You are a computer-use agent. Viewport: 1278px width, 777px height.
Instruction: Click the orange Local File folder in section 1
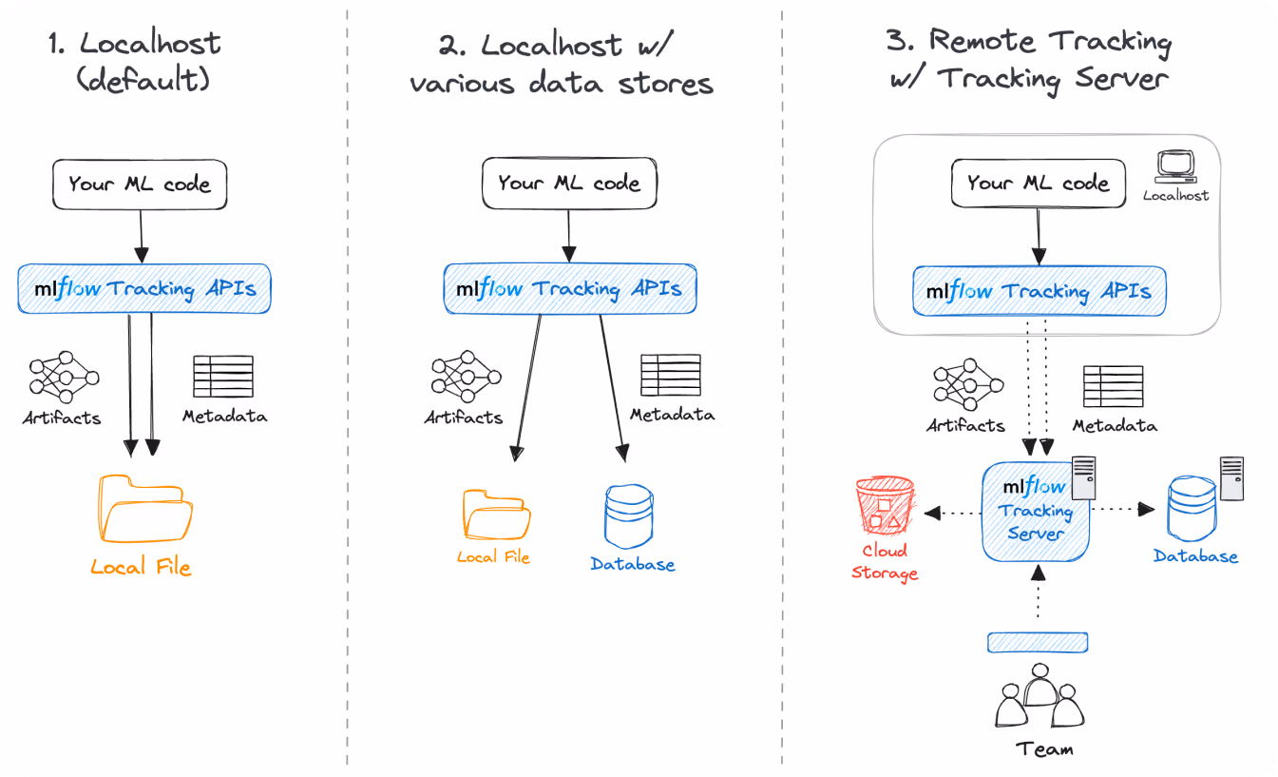point(145,508)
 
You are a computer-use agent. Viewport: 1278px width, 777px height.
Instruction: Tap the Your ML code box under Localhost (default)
point(140,185)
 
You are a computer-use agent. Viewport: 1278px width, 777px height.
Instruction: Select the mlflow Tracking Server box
point(1035,512)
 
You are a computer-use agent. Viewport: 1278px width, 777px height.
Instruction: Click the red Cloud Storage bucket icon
point(885,505)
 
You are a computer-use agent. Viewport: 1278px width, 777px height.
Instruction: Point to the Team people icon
point(1040,695)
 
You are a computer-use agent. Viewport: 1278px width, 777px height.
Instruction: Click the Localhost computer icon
point(1175,166)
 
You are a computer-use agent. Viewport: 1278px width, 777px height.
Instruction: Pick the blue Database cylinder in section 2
point(629,516)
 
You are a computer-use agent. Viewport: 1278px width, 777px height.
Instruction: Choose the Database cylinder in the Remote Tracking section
point(1192,509)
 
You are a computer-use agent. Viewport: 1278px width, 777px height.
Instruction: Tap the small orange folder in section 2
point(496,515)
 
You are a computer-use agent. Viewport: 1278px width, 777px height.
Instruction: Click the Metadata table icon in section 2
point(671,375)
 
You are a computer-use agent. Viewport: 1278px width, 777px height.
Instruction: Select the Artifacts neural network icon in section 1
point(64,377)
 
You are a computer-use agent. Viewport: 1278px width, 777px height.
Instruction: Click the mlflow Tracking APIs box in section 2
point(570,289)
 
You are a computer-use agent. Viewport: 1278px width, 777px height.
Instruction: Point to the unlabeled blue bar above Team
point(1038,642)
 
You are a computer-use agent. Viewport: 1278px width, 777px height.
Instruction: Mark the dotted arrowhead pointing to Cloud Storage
point(932,514)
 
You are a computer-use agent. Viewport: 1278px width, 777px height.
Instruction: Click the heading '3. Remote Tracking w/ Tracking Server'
point(1029,59)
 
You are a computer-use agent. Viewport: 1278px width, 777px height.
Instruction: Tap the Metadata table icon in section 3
point(1113,386)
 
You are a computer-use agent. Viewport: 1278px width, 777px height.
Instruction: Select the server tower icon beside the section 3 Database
point(1231,478)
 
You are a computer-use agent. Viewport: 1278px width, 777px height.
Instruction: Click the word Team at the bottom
point(1044,749)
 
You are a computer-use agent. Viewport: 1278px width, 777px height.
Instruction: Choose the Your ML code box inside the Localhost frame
point(1039,184)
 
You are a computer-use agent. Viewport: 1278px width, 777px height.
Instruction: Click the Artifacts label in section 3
point(965,425)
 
